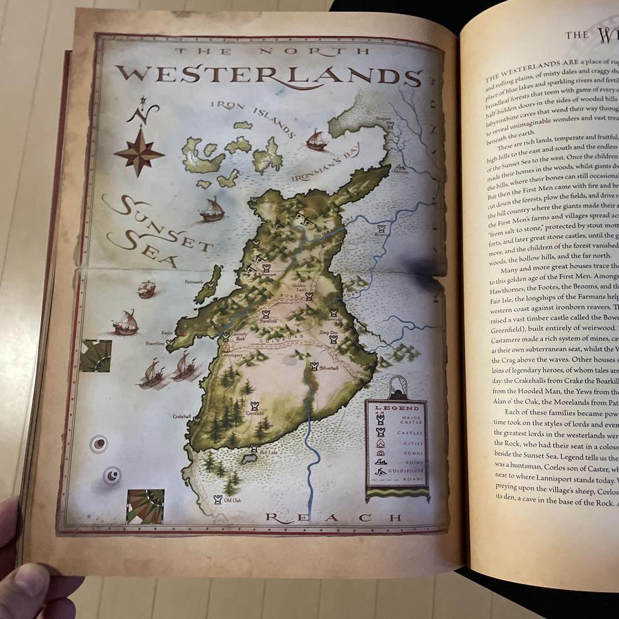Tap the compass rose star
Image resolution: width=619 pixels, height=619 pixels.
click(139, 152)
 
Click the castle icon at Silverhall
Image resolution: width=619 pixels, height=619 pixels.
click(314, 366)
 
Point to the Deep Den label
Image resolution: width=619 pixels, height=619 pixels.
click(329, 332)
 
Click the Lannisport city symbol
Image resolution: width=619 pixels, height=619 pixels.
click(226, 348)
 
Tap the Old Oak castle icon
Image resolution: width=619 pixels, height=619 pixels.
click(218, 499)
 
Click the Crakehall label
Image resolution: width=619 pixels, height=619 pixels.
click(182, 416)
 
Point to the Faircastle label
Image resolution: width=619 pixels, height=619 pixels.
click(194, 281)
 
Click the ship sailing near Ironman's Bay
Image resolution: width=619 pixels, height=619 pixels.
click(317, 141)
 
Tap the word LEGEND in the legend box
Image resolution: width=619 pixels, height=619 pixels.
click(397, 408)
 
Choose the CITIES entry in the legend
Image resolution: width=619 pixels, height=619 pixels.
click(413, 443)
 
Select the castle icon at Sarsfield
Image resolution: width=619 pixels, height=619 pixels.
click(265, 314)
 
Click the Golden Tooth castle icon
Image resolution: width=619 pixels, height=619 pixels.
click(309, 296)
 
